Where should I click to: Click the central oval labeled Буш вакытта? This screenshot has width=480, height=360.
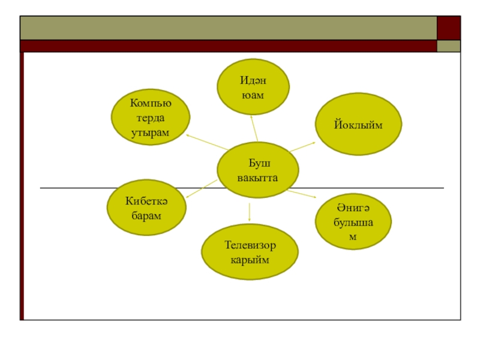[257, 170]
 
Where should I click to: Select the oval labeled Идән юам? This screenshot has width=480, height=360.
[253, 87]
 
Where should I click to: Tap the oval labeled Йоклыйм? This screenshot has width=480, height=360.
[358, 124]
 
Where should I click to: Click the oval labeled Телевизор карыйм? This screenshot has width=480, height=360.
[250, 252]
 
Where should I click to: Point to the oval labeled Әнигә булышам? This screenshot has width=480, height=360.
[353, 221]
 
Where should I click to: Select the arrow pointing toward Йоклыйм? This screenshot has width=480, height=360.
[303, 146]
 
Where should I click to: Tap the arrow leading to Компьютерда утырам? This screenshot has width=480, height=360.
[206, 142]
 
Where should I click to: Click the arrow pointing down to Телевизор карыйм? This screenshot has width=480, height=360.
[250, 211]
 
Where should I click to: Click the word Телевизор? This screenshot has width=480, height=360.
[250, 245]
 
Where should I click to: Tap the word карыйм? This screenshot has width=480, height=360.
[250, 260]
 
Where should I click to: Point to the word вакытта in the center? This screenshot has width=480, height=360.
[257, 178]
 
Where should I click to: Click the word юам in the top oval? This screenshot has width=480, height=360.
[253, 95]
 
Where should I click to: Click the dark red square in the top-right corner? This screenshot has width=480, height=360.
[449, 28]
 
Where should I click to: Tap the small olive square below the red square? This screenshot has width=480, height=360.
[449, 46]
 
